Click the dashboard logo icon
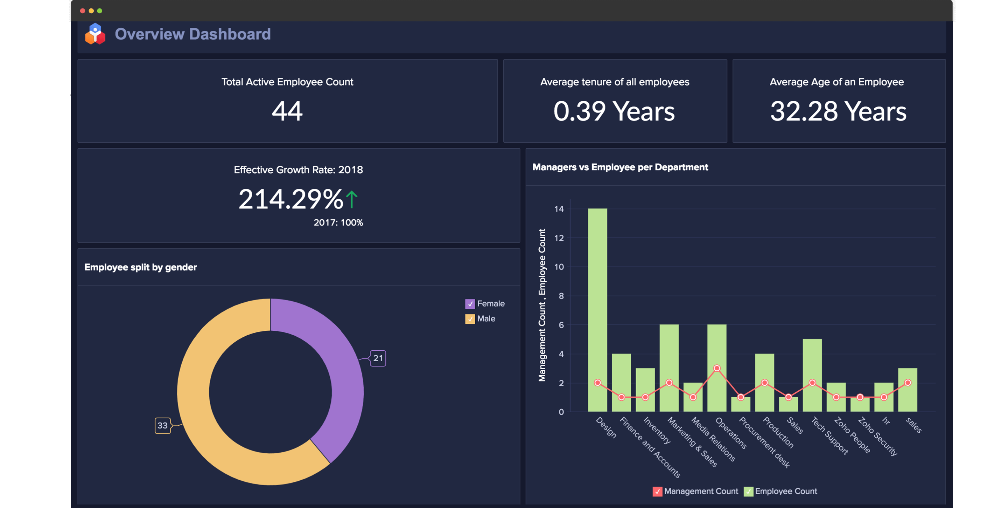coord(95,34)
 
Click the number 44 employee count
coord(287,111)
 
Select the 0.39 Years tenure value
coord(614,111)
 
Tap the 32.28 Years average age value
coord(838,111)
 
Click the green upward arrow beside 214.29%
coord(352,199)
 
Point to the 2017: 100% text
coord(338,222)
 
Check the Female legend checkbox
coord(470,304)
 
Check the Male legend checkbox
coord(470,319)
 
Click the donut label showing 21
coord(378,358)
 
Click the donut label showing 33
coord(162,425)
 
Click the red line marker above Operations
coord(717,368)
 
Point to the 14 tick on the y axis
coord(559,209)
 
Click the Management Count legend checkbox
coord(657,491)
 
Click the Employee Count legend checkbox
coord(748,491)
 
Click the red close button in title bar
coord(83,11)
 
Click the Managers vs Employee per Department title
coord(620,167)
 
